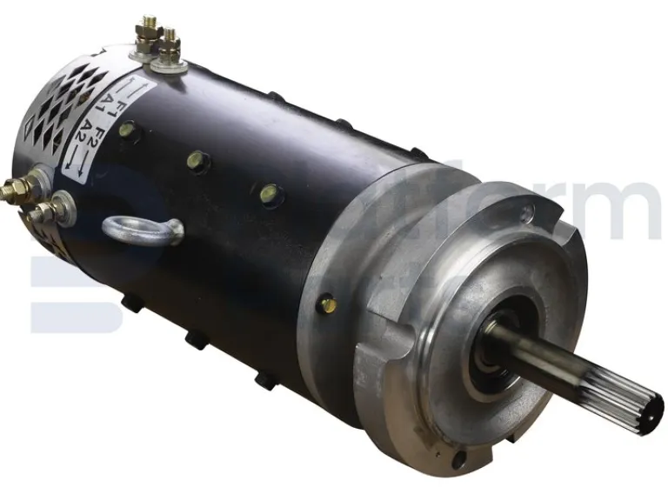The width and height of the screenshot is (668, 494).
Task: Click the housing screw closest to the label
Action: pyautogui.click(x=128, y=130)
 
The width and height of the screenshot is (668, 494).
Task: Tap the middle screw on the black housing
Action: pyautogui.click(x=197, y=161)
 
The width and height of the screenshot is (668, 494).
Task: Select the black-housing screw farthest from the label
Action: pyautogui.click(x=270, y=193)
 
